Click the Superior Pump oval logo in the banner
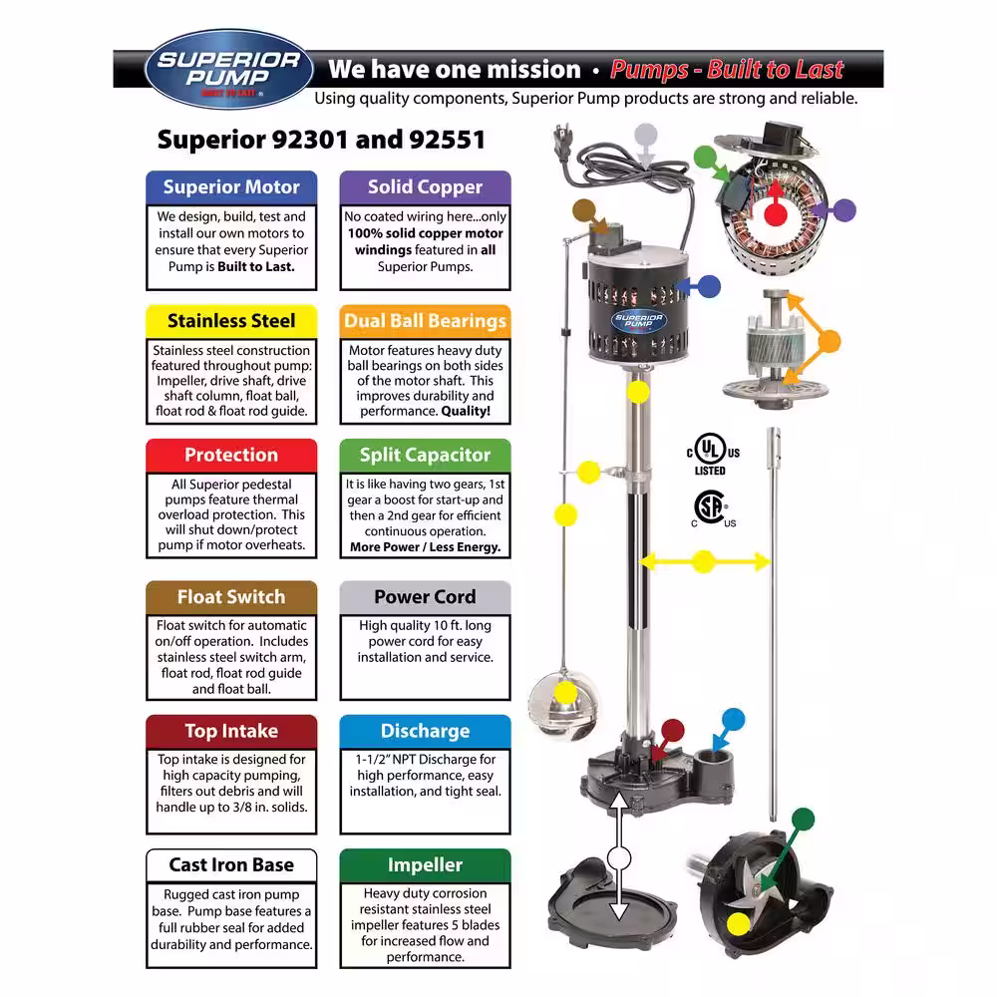click(x=229, y=69)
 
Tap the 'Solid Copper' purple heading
click(x=425, y=187)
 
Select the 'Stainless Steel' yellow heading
click(x=231, y=321)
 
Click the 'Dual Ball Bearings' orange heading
click(x=425, y=321)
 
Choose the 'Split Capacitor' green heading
click(x=425, y=456)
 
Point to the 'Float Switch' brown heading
click(x=231, y=597)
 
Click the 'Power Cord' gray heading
click(x=425, y=597)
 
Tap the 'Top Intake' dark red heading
click(x=231, y=731)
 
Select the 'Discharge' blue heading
click(x=425, y=731)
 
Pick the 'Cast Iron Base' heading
click(x=231, y=865)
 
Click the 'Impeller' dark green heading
click(x=425, y=865)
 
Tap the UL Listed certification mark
click(x=713, y=454)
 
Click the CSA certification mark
click(x=712, y=508)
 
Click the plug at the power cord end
click(x=563, y=142)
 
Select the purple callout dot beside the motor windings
click(x=844, y=210)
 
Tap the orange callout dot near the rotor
click(x=829, y=341)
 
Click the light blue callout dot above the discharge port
click(x=733, y=719)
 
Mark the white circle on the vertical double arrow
click(x=619, y=858)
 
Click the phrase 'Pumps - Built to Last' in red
click(x=727, y=70)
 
